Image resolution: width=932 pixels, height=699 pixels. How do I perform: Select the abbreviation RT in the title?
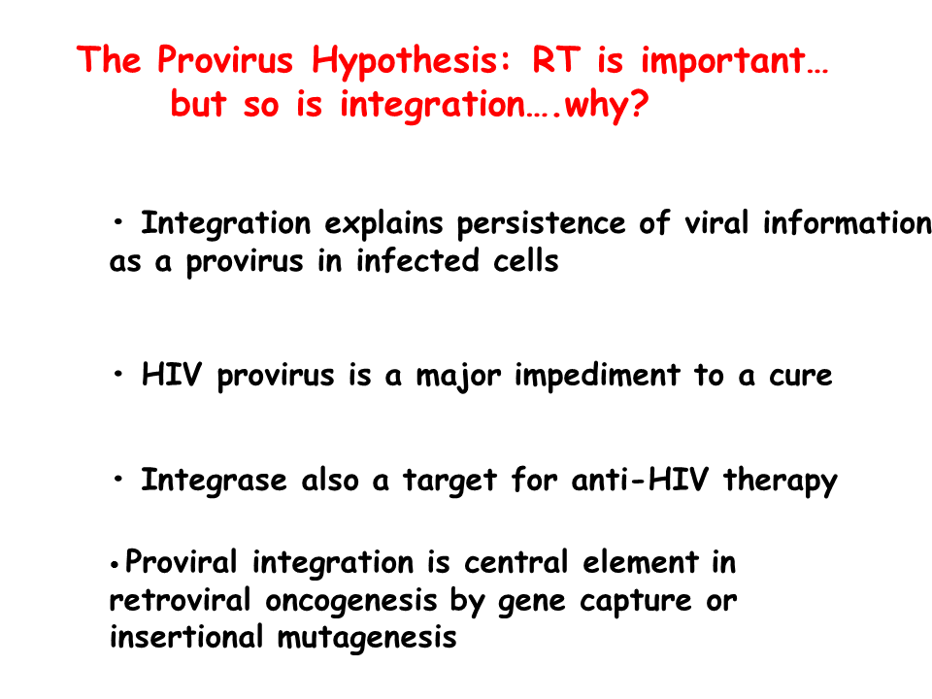[556, 59]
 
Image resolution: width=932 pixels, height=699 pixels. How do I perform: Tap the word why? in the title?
[606, 105]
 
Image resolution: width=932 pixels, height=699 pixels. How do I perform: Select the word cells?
[526, 260]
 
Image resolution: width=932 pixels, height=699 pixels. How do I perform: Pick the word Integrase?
[214, 481]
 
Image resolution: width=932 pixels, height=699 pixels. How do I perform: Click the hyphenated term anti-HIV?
[640, 480]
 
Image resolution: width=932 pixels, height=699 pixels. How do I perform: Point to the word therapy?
[780, 482]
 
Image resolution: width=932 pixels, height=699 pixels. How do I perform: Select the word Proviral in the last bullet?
[182, 562]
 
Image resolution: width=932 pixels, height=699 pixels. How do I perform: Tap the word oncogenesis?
[351, 602]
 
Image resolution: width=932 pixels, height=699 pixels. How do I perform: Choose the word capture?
[635, 602]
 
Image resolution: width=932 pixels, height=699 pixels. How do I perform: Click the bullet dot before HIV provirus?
[118, 375]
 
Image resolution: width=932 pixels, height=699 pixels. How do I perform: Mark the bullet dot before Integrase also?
[118, 479]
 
